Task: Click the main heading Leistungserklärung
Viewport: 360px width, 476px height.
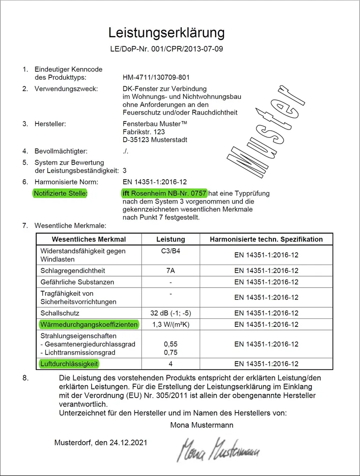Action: tap(166, 32)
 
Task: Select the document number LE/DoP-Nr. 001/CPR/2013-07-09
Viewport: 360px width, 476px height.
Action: tap(166, 49)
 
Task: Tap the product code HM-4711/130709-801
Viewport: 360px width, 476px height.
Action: tap(156, 77)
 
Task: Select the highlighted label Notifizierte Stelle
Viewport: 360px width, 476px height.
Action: tap(60, 193)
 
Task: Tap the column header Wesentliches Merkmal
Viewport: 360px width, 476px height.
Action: tap(89, 239)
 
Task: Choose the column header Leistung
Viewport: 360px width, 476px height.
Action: tap(171, 239)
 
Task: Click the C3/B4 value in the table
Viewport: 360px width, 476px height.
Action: tap(171, 251)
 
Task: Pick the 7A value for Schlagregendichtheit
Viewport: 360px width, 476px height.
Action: tap(171, 271)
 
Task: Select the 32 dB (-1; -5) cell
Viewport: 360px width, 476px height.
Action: tap(171, 313)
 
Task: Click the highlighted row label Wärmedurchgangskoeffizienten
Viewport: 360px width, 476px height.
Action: tap(89, 325)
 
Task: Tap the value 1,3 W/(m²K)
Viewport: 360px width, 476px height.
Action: tap(171, 325)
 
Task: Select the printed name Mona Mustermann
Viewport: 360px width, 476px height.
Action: tap(202, 425)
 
